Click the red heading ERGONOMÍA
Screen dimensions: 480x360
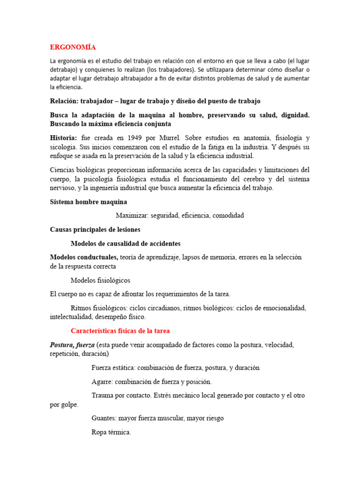coord(73,47)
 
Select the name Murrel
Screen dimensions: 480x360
coord(169,138)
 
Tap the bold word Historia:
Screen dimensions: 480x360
coord(63,138)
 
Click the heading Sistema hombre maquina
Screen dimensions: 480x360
coord(88,202)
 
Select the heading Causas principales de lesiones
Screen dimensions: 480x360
coord(95,230)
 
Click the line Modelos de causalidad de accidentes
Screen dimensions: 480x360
coord(125,244)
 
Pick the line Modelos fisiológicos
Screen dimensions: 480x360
coord(100,280)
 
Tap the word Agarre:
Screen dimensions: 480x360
coord(103,382)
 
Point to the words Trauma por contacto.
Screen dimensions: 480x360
coord(121,396)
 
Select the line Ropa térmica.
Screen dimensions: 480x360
coord(111,432)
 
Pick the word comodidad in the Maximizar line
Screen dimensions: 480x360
coord(228,216)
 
